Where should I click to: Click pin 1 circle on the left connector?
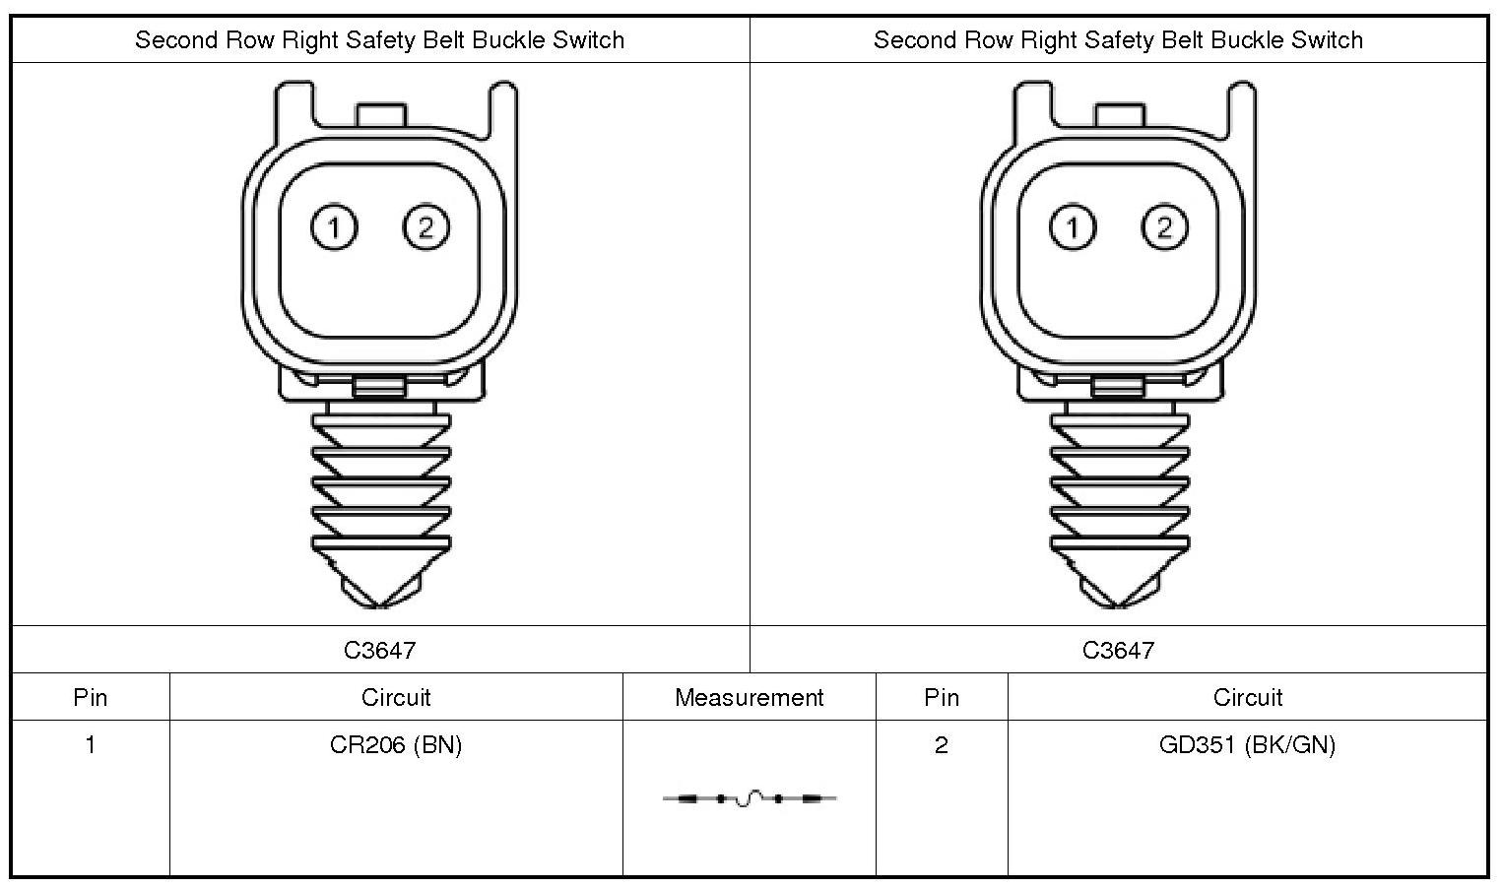(x=334, y=228)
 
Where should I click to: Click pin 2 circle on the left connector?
(x=425, y=228)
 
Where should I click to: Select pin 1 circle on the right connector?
(x=1073, y=228)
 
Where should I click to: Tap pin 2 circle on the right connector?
(x=1164, y=228)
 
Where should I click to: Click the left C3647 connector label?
(x=380, y=650)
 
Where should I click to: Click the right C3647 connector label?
(x=1118, y=650)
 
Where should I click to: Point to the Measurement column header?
(x=749, y=697)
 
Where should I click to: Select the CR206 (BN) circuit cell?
(x=396, y=745)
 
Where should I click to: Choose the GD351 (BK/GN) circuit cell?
(x=1247, y=745)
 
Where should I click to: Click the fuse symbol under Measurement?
(x=750, y=798)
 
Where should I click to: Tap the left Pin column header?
(x=90, y=697)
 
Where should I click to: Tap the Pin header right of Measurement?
(x=942, y=697)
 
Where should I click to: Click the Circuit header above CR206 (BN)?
(x=396, y=697)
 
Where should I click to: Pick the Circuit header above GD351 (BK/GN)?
(x=1247, y=697)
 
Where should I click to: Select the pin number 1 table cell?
(x=90, y=745)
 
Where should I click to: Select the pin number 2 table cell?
(x=942, y=745)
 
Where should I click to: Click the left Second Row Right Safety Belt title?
(x=379, y=40)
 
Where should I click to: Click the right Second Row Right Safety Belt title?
(x=1118, y=40)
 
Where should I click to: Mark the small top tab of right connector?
(x=1119, y=114)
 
